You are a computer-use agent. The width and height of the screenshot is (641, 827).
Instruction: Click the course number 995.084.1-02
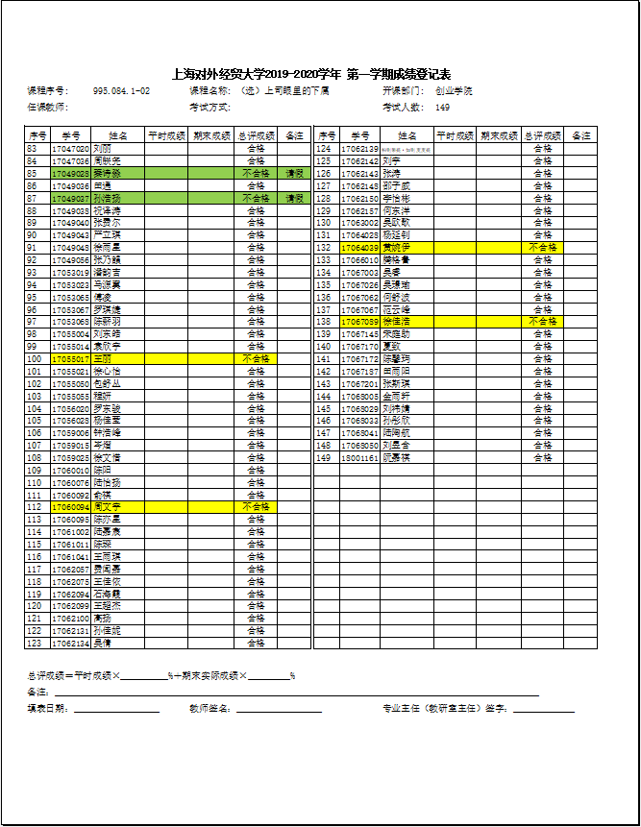(121, 91)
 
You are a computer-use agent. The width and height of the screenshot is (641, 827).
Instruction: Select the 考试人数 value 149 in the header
(442, 107)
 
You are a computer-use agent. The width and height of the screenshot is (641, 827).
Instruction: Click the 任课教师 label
(48, 107)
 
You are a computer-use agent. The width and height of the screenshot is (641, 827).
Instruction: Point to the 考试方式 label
(210, 107)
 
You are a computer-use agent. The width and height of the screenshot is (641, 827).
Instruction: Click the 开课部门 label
(403, 91)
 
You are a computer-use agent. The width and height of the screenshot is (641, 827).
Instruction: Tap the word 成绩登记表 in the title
(422, 74)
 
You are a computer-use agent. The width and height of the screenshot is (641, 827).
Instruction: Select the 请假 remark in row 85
(294, 174)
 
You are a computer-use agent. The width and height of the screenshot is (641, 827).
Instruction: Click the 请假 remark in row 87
(294, 199)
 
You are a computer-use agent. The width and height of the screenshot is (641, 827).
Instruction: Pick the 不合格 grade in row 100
(256, 358)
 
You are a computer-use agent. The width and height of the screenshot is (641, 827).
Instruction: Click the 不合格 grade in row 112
(256, 506)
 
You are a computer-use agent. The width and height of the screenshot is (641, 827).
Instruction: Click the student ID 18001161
(359, 458)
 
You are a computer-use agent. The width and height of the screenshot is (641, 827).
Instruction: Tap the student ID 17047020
(70, 149)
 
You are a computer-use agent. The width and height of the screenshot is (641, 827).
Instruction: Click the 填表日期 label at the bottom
(48, 709)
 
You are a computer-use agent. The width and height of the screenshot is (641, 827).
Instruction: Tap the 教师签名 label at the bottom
(210, 709)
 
